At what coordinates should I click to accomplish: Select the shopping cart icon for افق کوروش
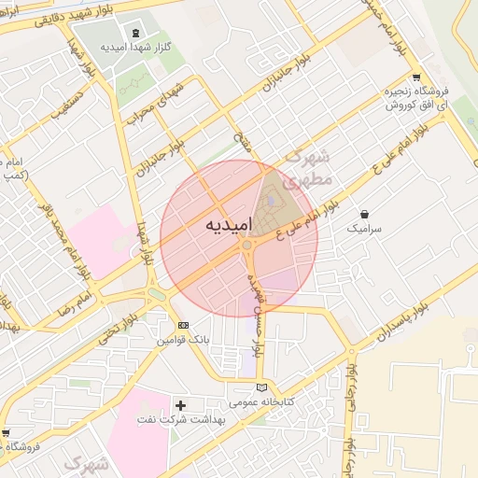point(415,78)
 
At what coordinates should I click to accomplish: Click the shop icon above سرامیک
point(363,214)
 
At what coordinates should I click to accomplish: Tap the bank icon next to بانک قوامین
point(183,325)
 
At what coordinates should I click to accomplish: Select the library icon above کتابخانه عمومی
point(261,387)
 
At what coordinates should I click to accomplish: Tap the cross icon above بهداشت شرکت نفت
point(181,405)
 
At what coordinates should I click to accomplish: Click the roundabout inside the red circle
point(247,246)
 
